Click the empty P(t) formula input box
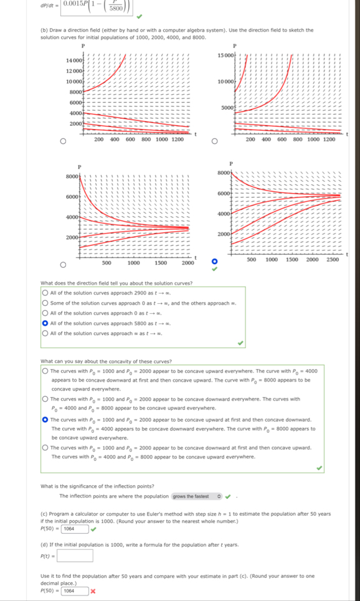75,556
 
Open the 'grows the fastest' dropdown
197,496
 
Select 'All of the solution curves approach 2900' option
45,293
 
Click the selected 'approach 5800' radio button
45,323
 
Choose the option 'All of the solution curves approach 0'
45,313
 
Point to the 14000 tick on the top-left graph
76,59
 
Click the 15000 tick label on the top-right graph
225,56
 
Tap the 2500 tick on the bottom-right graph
333,259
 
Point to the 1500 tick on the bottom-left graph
160,263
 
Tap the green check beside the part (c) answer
93,529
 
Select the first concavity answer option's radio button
45,371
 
